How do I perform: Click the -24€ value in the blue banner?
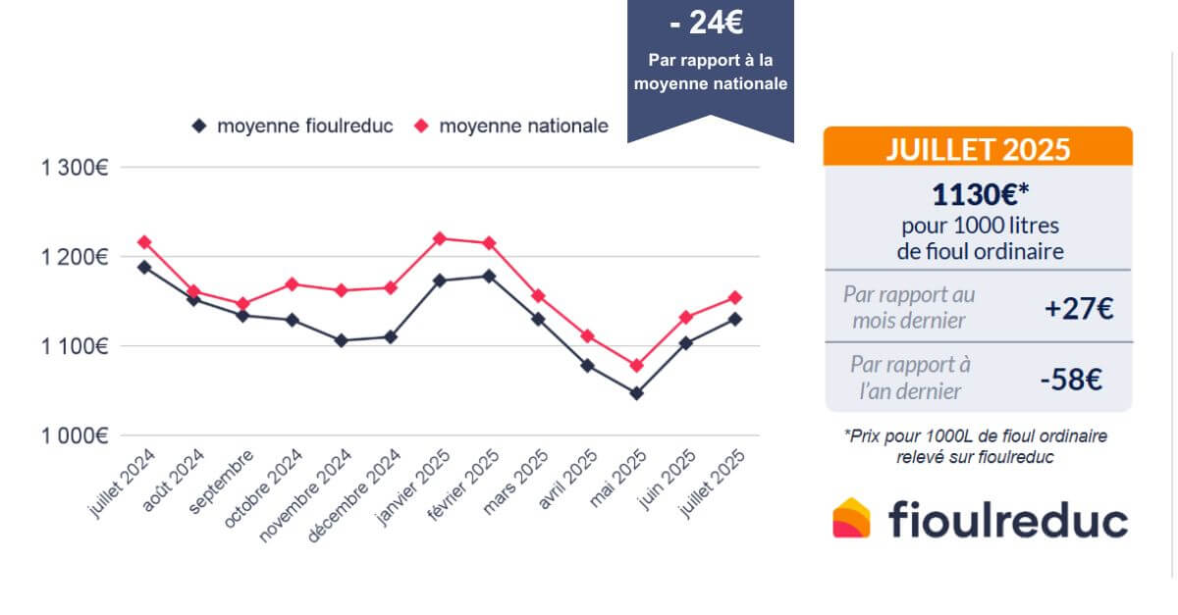[x=710, y=22]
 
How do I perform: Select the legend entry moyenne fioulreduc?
[x=294, y=127]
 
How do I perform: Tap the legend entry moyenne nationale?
[x=511, y=127]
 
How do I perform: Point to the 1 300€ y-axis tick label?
[x=75, y=168]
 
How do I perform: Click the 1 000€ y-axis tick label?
[x=75, y=436]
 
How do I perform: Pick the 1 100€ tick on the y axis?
[x=75, y=346]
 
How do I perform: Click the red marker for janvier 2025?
[x=439, y=238]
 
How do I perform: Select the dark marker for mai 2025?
[x=636, y=393]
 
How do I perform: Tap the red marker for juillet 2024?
[x=144, y=241]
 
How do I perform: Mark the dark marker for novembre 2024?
[x=341, y=340]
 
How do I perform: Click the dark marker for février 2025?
[x=489, y=276]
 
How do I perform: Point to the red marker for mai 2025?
[x=636, y=366]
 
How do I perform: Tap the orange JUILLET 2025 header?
[x=978, y=149]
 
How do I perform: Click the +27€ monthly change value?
[x=1078, y=308]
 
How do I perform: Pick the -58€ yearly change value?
[x=1078, y=379]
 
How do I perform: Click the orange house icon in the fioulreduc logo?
[x=851, y=518]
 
